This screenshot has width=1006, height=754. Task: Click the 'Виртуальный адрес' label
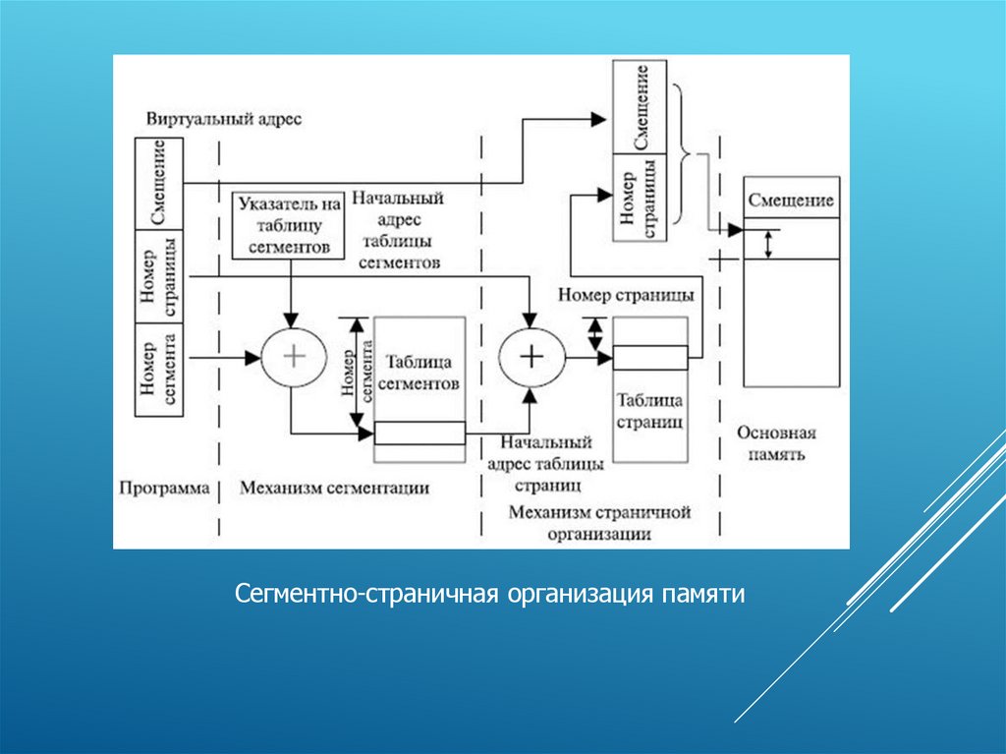click(224, 119)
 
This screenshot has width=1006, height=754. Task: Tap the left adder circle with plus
click(292, 356)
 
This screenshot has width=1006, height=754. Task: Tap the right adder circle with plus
click(531, 356)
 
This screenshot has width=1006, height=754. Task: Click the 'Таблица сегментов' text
click(419, 372)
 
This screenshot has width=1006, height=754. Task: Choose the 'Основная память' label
click(776, 443)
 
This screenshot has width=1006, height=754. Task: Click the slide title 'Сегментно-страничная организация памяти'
click(490, 595)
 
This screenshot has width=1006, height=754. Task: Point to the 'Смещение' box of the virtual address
click(160, 185)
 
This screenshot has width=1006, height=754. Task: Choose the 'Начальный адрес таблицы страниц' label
click(546, 463)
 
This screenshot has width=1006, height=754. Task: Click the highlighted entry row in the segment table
click(419, 433)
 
